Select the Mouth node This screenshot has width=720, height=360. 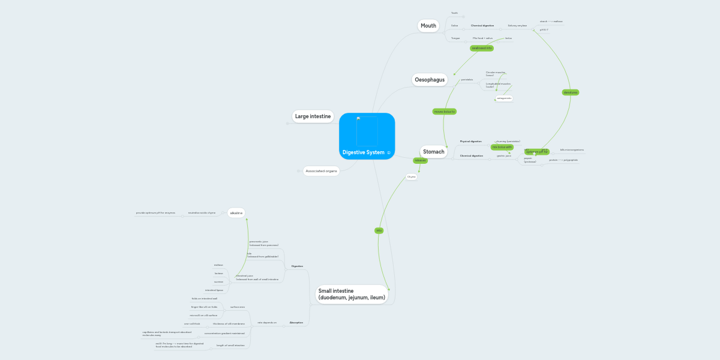(428, 25)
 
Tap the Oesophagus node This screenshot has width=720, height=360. (430, 79)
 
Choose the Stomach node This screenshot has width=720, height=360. (433, 152)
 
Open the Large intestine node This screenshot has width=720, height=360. (313, 116)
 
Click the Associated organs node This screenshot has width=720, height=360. (321, 171)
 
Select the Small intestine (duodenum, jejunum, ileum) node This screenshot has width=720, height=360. (351, 294)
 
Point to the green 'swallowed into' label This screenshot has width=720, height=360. (481, 47)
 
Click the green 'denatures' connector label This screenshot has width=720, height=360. (571, 92)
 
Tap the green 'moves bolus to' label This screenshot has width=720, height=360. (445, 112)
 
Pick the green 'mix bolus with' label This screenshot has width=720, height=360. (502, 147)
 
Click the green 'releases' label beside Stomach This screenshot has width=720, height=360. (420, 160)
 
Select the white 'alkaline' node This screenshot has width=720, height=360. (236, 213)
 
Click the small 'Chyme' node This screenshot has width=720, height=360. (412, 177)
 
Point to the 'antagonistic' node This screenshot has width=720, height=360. (504, 98)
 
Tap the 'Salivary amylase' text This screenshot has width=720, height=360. (517, 26)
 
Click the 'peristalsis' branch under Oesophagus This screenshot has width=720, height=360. (467, 80)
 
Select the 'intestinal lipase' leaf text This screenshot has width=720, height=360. (214, 290)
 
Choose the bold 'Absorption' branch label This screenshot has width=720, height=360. (296, 323)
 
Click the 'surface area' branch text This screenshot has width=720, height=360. (238, 307)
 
